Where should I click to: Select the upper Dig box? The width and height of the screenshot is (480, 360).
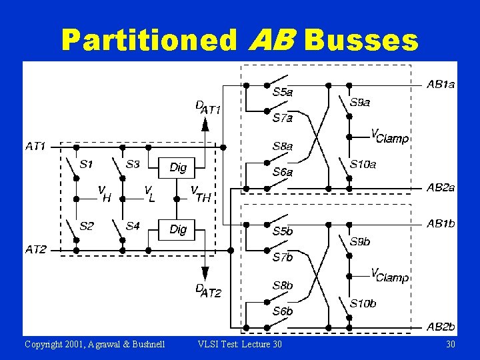click(x=178, y=167)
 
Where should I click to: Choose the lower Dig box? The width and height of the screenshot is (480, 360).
click(x=178, y=229)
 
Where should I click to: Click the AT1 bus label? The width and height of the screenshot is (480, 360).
click(x=36, y=145)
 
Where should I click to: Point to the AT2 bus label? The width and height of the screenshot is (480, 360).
click(x=36, y=249)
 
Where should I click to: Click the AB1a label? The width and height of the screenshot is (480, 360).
click(x=441, y=85)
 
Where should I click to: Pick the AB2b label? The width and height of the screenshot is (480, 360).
click(x=441, y=327)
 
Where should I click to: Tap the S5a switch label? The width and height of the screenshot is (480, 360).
click(x=283, y=92)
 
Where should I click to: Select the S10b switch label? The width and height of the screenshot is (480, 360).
click(x=363, y=303)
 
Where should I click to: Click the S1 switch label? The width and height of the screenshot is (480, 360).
click(x=87, y=163)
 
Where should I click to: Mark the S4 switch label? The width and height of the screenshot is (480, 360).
click(x=133, y=227)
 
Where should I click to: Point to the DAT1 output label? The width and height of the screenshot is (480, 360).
click(x=208, y=108)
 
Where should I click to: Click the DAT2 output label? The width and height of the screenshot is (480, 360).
click(x=208, y=291)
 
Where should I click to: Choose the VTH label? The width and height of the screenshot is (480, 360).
click(x=201, y=194)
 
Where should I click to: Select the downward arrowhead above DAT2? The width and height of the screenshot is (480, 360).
click(x=205, y=273)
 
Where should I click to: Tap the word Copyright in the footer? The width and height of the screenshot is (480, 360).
click(x=45, y=344)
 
